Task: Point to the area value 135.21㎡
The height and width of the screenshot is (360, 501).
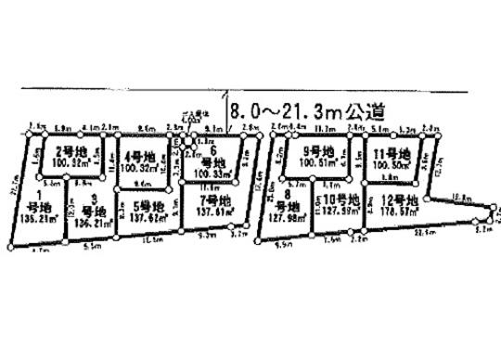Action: tap(36, 220)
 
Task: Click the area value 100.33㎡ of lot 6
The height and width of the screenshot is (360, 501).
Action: tap(214, 172)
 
